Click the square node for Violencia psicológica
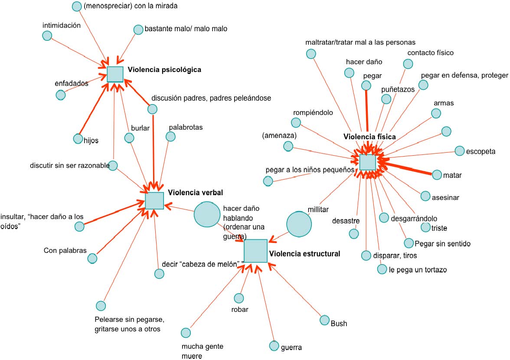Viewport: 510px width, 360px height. coord(115,74)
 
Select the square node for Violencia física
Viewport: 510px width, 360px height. coord(367,162)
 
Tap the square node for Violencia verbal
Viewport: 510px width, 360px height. coord(154,201)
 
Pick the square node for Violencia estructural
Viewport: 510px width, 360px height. coord(255,251)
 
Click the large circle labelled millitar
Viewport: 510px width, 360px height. coord(299,224)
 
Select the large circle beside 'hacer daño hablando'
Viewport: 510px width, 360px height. coord(207,214)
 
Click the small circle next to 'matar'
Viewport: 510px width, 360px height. coord(437,175)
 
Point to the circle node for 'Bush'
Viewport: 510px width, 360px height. coord(324,320)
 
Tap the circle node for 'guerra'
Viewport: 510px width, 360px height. coord(274,346)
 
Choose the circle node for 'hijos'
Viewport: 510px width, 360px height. coord(78,138)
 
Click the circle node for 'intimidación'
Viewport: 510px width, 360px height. coord(47,36)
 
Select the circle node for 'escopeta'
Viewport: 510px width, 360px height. coord(459,151)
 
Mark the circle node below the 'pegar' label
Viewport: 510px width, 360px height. coord(366,86)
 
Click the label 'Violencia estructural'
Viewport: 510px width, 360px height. coord(304,254)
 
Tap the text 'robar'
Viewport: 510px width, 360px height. coord(239,310)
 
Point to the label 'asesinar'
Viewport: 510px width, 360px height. coord(445,197)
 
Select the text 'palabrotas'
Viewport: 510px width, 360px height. coord(186,128)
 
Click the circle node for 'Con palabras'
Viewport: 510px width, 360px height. coord(92,259)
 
